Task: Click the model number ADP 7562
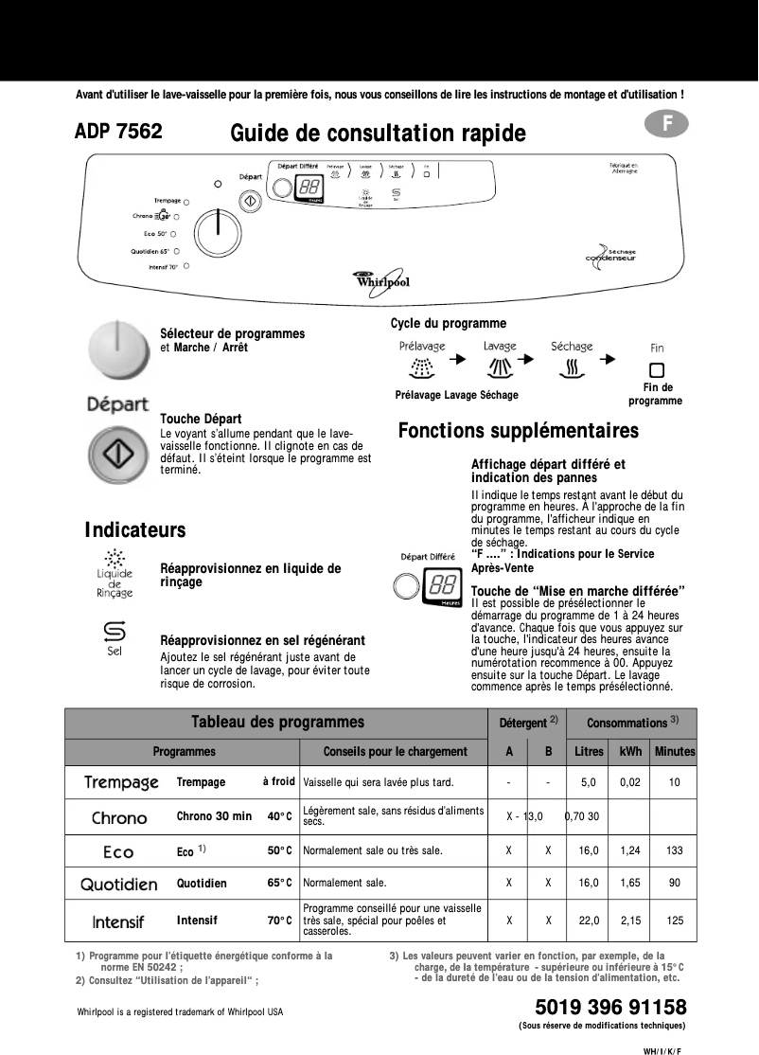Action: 118,132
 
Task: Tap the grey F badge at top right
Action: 667,123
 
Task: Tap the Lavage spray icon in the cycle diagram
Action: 500,366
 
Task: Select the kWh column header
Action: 630,751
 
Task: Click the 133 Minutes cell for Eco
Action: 674,851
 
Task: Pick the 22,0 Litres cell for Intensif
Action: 589,920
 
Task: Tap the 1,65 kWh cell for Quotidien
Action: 630,884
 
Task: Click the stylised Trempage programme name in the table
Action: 121,783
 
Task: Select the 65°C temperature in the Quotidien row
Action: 279,884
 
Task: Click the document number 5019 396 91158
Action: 610,1007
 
